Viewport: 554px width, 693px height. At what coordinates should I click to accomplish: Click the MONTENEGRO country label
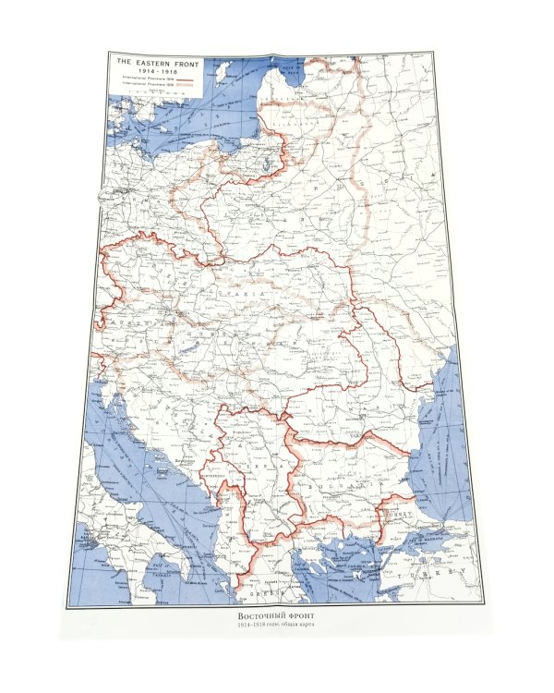click(x=208, y=477)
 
